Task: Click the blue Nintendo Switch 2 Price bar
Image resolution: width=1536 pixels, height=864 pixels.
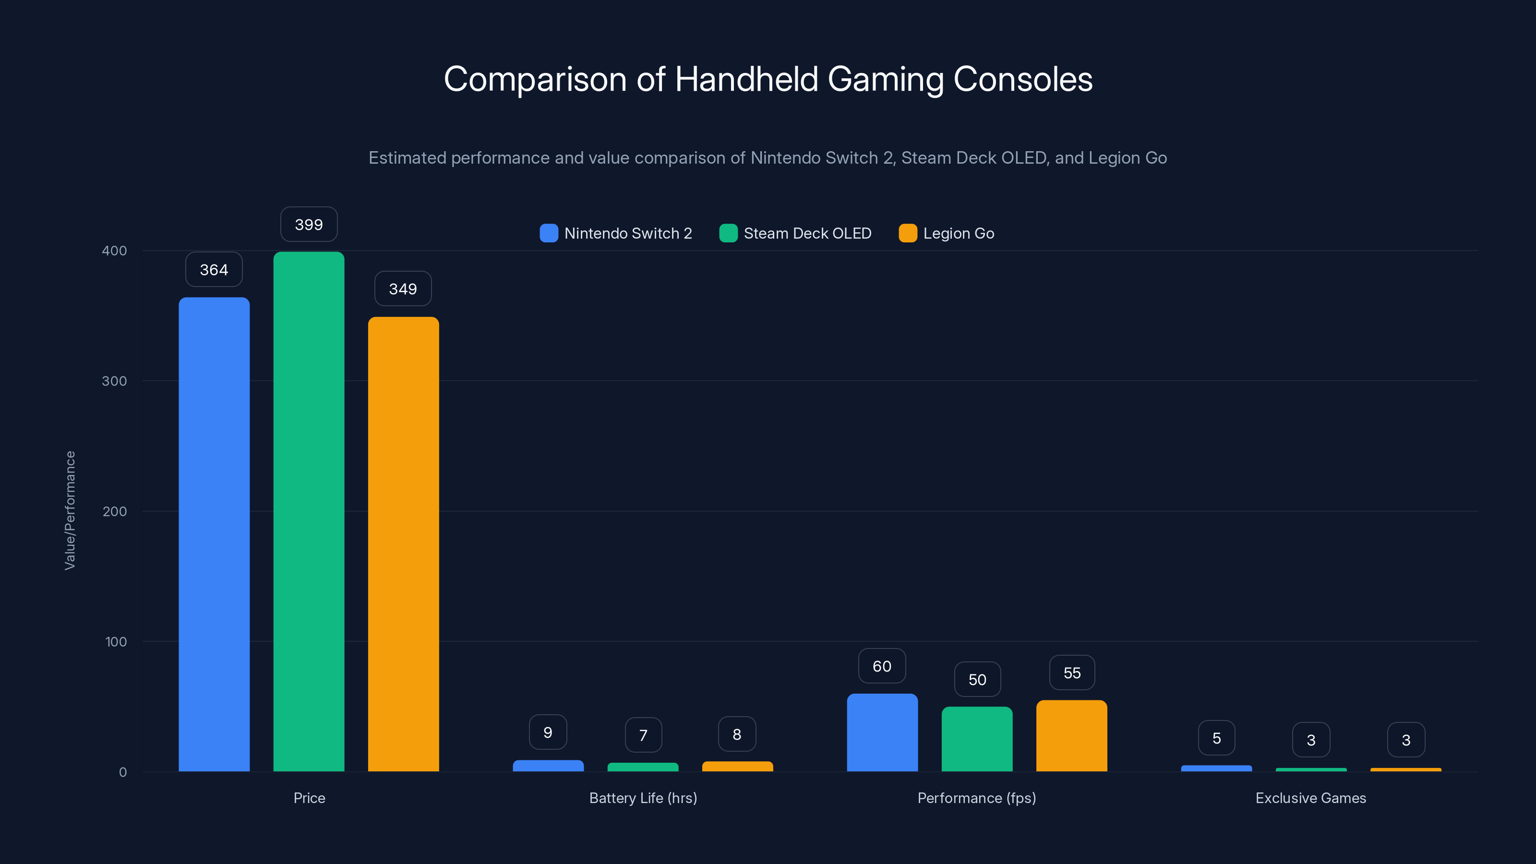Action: (214, 534)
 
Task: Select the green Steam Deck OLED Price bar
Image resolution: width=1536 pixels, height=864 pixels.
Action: (309, 511)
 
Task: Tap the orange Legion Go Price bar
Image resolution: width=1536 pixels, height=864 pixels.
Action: (403, 543)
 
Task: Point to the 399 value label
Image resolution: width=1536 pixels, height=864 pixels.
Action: (309, 225)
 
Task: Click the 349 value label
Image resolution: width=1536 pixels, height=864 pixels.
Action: (403, 289)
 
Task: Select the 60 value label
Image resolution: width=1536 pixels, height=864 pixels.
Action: (882, 666)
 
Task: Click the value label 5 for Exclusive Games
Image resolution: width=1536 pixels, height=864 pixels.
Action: (1216, 738)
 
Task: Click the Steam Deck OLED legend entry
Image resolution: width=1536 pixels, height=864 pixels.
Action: (795, 233)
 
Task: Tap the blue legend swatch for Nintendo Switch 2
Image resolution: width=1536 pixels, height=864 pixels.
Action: (549, 233)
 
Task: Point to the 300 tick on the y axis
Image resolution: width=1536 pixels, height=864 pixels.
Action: (115, 381)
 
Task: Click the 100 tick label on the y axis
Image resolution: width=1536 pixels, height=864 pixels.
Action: (116, 642)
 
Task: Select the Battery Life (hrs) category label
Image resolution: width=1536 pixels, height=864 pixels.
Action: (643, 798)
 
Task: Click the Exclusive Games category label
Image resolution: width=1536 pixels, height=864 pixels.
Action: (1310, 798)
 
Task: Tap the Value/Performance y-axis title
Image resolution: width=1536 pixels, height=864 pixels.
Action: (70, 510)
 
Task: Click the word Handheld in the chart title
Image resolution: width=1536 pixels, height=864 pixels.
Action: (746, 79)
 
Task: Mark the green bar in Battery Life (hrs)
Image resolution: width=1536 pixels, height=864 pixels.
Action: (643, 767)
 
